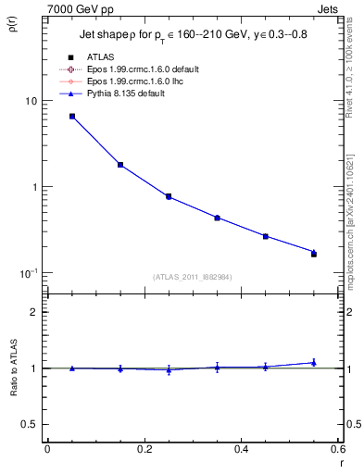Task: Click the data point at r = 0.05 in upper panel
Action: (71, 117)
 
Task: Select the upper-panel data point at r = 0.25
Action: (169, 196)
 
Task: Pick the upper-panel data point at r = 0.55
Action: (314, 253)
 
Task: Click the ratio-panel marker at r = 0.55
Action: (314, 363)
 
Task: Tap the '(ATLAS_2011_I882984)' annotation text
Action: (193, 276)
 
